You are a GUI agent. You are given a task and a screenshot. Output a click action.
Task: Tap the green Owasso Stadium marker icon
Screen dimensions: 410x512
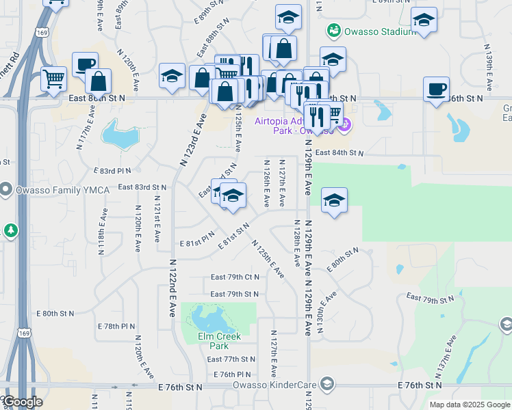coord(334,30)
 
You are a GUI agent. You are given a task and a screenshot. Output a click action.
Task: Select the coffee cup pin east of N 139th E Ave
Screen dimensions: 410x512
coord(436,90)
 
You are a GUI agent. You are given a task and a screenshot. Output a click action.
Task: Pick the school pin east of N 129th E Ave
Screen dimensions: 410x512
coord(334,200)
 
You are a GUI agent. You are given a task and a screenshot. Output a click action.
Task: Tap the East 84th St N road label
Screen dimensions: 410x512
coord(340,153)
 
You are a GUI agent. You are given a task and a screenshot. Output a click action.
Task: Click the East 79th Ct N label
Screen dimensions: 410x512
coord(235,277)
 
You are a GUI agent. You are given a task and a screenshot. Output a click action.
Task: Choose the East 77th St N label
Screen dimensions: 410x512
coord(231,359)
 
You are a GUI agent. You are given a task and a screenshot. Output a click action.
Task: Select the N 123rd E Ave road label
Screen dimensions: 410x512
coord(193,140)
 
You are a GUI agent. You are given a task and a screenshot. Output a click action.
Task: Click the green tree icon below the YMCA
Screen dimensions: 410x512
coord(10,230)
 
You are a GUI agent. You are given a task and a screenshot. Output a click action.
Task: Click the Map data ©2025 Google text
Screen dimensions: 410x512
coord(470,405)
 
